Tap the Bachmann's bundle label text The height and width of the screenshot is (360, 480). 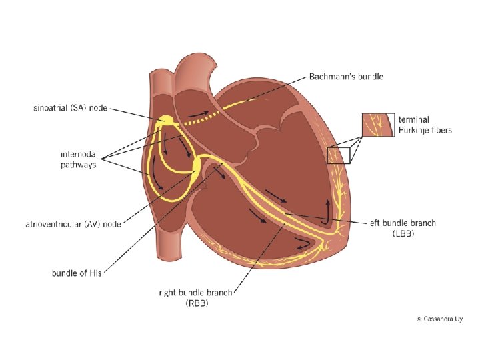coord(346,77)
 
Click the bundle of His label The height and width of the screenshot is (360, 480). coord(77,273)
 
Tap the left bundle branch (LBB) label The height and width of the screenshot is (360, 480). coord(402,229)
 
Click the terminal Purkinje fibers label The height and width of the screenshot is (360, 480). coord(425,125)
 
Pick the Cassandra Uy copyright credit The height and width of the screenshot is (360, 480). coord(439,319)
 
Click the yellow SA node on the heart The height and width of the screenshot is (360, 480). coord(165,121)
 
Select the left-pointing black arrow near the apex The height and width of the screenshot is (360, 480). coord(302,245)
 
